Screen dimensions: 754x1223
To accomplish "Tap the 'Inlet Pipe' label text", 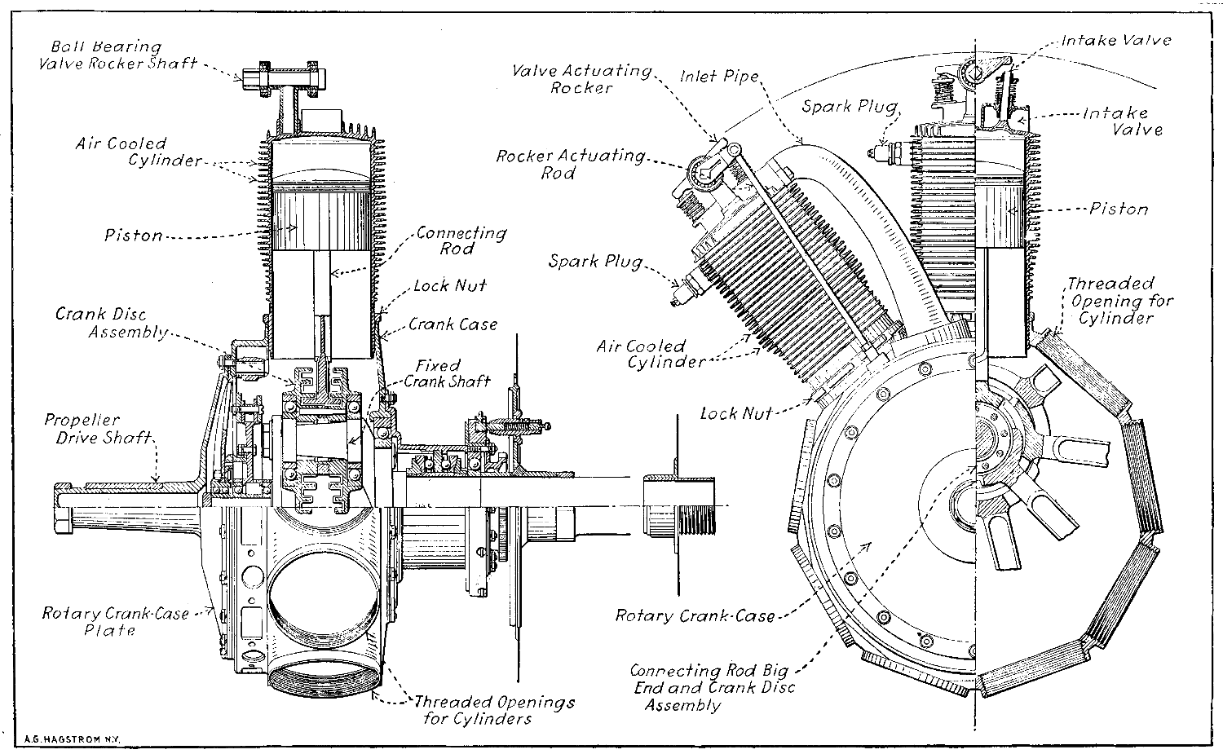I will pyautogui.click(x=719, y=77).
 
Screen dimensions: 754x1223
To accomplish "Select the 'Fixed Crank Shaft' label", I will pyautogui.click(x=448, y=373).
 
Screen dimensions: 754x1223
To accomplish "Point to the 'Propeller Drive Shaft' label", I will pyautogui.click(x=99, y=429).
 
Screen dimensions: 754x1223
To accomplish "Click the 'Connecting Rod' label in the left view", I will pyautogui.click(x=461, y=240).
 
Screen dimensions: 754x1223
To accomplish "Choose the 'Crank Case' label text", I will pyautogui.click(x=453, y=324).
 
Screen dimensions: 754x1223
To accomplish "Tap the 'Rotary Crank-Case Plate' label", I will pyautogui.click(x=114, y=621).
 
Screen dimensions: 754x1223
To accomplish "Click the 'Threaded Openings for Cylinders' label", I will pyautogui.click(x=493, y=710).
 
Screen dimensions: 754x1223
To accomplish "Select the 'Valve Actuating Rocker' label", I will pyautogui.click(x=581, y=79).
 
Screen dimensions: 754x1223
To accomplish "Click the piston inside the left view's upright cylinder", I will pyautogui.click(x=324, y=218).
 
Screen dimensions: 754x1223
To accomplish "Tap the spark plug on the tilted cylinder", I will pyautogui.click(x=682, y=289).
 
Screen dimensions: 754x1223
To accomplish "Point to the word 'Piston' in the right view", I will pyautogui.click(x=1119, y=209).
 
